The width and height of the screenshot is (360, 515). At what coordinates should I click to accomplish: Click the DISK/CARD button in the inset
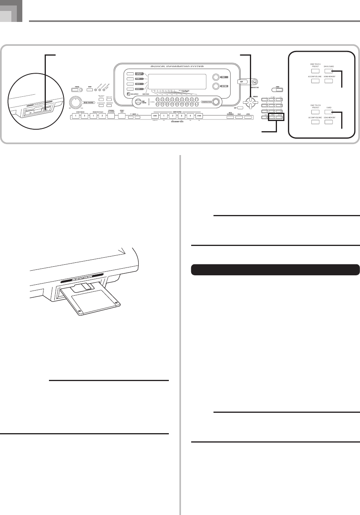click(328, 71)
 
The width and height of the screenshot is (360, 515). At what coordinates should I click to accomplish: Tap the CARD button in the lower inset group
click(328, 112)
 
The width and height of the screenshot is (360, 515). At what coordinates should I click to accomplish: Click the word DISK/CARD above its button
click(328, 66)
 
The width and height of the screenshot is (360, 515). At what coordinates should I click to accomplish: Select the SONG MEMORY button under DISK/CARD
click(328, 81)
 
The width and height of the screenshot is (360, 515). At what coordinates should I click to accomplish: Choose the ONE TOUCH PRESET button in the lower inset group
click(315, 112)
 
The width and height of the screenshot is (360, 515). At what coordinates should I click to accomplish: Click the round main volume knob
click(74, 102)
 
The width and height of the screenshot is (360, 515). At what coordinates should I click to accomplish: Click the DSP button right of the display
click(242, 82)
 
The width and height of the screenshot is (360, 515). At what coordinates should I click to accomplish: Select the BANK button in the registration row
click(155, 116)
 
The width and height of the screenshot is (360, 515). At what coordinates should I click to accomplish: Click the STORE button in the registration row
click(199, 116)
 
